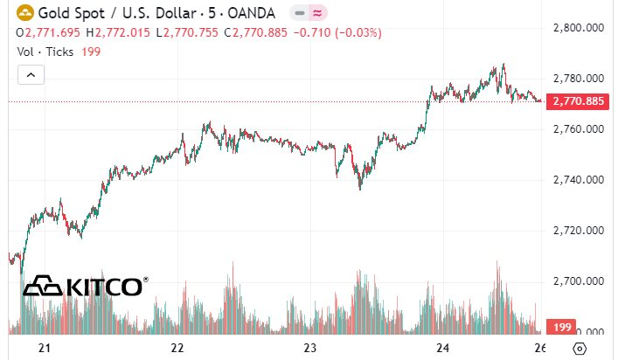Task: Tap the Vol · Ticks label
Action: click(46, 52)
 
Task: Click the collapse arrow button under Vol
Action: click(31, 75)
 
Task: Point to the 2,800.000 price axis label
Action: click(580, 28)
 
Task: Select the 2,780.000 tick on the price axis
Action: click(580, 79)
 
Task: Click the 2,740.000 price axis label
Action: click(580, 180)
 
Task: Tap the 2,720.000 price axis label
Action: click(580, 231)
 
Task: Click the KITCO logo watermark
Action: click(85, 286)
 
